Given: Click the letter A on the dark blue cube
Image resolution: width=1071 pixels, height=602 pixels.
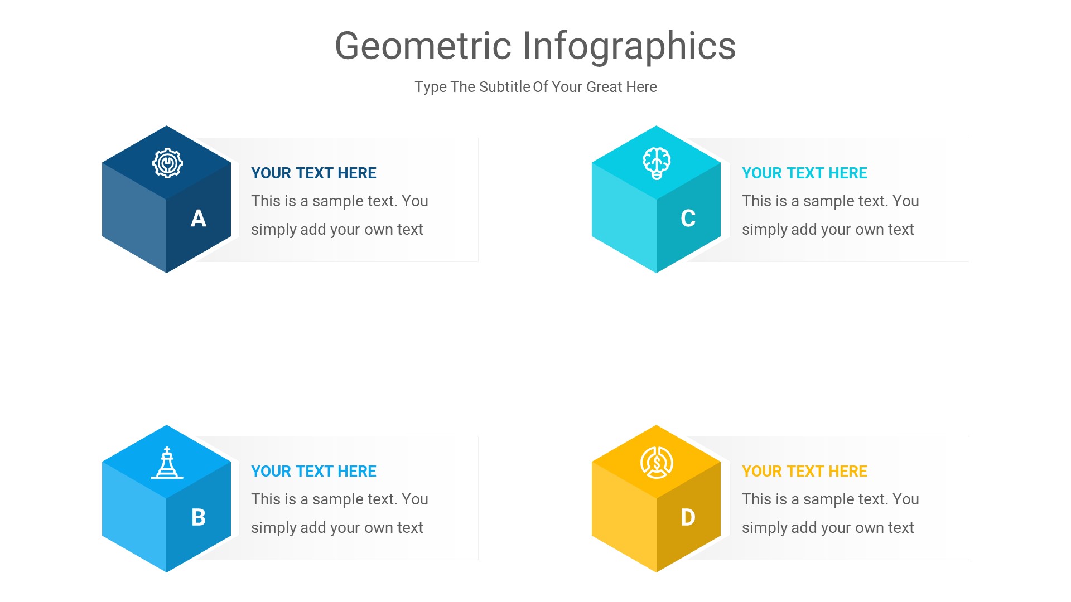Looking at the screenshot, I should [199, 219].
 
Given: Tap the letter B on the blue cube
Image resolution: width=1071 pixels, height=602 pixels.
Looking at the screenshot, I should [199, 517].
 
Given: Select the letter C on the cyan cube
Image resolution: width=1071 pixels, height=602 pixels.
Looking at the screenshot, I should [688, 219].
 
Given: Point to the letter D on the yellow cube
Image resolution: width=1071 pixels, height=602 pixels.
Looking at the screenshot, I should [688, 517].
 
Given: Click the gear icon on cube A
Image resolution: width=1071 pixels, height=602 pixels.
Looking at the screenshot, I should [167, 163].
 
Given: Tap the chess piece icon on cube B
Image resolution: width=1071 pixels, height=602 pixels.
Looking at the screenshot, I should [167, 463].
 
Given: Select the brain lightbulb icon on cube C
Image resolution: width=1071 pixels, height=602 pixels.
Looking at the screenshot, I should [657, 163].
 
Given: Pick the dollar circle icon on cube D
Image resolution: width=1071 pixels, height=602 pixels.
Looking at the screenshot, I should [657, 463].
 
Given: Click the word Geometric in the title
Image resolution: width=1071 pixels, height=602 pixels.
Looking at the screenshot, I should [423, 46].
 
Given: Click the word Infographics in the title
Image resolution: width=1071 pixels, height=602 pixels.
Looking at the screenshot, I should [629, 46].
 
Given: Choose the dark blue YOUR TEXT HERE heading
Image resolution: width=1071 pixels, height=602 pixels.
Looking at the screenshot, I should [313, 173].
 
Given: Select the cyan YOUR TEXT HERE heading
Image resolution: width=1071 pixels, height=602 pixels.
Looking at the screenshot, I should [804, 173].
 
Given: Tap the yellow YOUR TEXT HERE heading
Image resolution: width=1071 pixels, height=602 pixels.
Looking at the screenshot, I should [804, 471].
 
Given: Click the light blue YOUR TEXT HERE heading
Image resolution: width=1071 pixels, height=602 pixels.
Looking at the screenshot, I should [313, 471].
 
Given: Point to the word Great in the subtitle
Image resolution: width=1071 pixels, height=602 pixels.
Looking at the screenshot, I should [604, 87].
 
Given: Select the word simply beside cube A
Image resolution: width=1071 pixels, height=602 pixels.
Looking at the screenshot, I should [273, 230].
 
